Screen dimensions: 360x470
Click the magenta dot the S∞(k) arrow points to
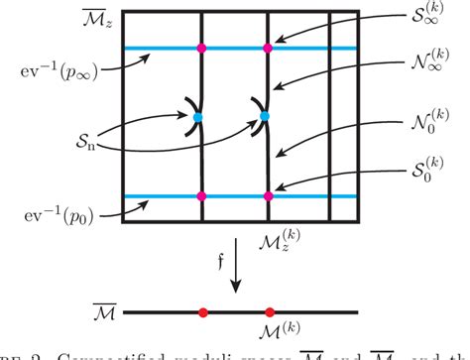pyautogui.click(x=267, y=48)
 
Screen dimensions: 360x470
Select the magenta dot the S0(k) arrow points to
pyautogui.click(x=267, y=195)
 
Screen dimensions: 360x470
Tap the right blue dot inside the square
pyautogui.click(x=264, y=117)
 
